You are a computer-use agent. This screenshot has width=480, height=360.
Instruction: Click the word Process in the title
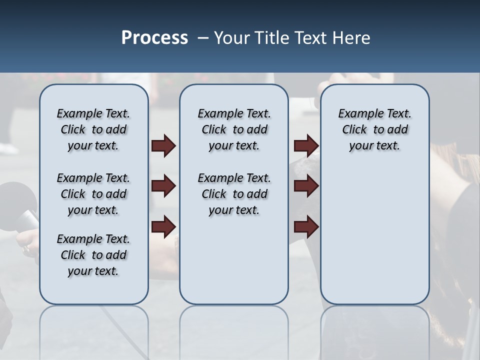tap(154, 38)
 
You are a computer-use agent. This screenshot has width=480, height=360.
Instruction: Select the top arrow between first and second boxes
tap(163, 146)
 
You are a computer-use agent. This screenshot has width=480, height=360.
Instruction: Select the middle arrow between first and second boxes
tap(163, 186)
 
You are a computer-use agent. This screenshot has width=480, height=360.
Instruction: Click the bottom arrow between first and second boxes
tap(163, 227)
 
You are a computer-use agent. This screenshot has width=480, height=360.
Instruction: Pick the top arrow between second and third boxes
tap(306, 146)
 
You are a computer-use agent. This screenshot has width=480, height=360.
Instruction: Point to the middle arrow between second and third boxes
tap(306, 186)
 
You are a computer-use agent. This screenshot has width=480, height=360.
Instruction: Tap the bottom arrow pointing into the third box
tap(306, 227)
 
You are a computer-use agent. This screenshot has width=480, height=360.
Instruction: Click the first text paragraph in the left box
tap(93, 129)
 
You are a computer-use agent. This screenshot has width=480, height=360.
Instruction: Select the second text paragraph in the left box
tap(93, 194)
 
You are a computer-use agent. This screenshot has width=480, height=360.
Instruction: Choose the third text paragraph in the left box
tap(93, 255)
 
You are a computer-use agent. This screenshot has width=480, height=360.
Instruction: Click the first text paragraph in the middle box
tap(234, 129)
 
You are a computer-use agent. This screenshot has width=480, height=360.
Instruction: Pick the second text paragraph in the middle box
tap(234, 194)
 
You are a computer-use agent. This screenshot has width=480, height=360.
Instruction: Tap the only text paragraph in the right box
tap(374, 129)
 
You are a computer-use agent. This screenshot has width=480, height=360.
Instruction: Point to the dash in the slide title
tap(203, 38)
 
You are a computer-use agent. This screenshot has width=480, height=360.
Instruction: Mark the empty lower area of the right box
tap(374, 235)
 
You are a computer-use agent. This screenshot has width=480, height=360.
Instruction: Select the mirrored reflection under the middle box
tap(234, 330)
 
